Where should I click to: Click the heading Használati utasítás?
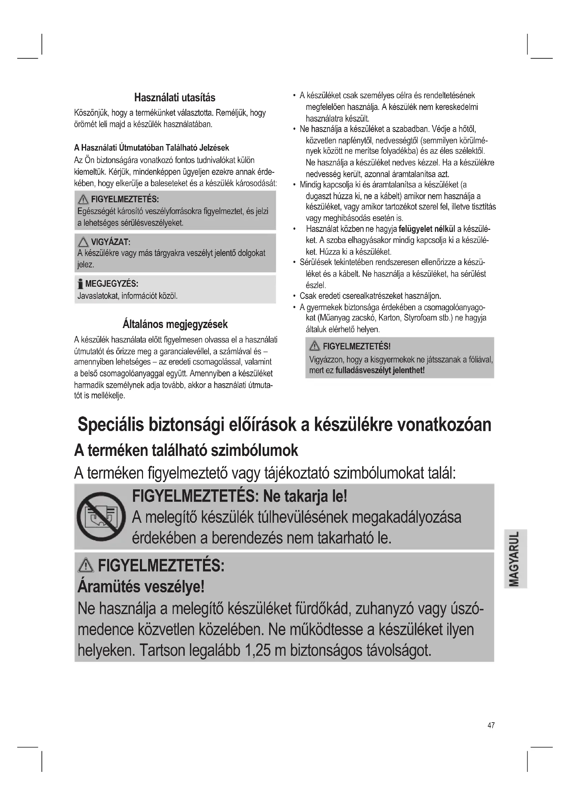(x=174, y=98)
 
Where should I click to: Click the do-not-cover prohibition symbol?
(x=101, y=517)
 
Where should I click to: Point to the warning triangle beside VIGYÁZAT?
(x=83, y=242)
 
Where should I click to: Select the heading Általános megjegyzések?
(x=175, y=324)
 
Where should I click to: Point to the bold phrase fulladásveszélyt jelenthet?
(x=380, y=370)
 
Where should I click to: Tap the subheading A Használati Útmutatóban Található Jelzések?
(x=151, y=148)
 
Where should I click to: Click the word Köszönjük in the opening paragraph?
(x=91, y=113)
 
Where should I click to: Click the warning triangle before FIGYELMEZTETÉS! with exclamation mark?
(x=315, y=346)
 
